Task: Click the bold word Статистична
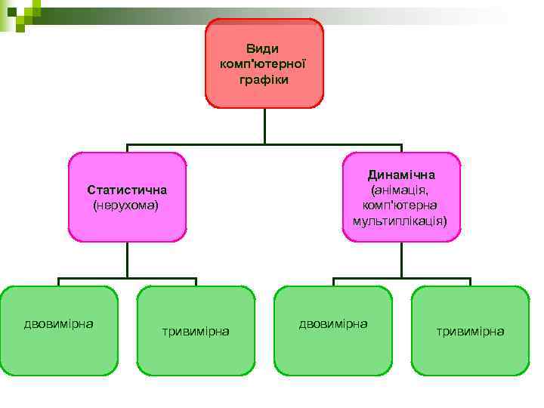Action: click(x=127, y=190)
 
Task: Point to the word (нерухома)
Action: click(x=125, y=205)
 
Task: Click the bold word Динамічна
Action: click(x=401, y=175)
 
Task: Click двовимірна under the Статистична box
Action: click(x=58, y=324)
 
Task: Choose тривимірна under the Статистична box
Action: click(x=196, y=331)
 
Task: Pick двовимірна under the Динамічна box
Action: click(x=333, y=324)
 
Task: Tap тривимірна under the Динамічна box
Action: click(x=470, y=331)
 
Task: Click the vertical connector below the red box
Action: click(x=264, y=126)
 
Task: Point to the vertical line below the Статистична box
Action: click(x=127, y=260)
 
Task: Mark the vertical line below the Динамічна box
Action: click(x=401, y=260)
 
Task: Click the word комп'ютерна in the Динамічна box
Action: click(x=400, y=205)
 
